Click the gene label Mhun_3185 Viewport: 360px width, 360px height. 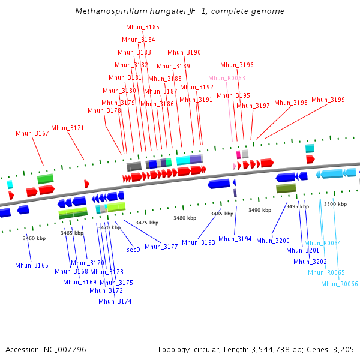(x=143, y=27)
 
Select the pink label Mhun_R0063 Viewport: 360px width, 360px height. (x=227, y=78)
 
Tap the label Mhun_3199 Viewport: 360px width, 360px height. (x=328, y=100)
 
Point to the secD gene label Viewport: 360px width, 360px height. (x=133, y=249)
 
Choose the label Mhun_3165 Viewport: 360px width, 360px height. (x=32, y=265)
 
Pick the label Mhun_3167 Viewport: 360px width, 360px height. (x=32, y=133)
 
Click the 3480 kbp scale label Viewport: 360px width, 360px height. (x=185, y=218)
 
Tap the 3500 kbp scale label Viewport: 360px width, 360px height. (x=335, y=204)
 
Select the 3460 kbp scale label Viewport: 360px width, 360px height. (x=34, y=238)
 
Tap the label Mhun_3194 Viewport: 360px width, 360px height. (x=235, y=239)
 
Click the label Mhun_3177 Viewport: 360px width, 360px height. (x=161, y=247)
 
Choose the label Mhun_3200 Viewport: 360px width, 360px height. (x=273, y=241)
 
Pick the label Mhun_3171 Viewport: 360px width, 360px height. (x=68, y=128)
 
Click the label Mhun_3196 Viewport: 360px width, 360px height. (x=237, y=65)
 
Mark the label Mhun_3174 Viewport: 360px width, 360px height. (x=115, y=301)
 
